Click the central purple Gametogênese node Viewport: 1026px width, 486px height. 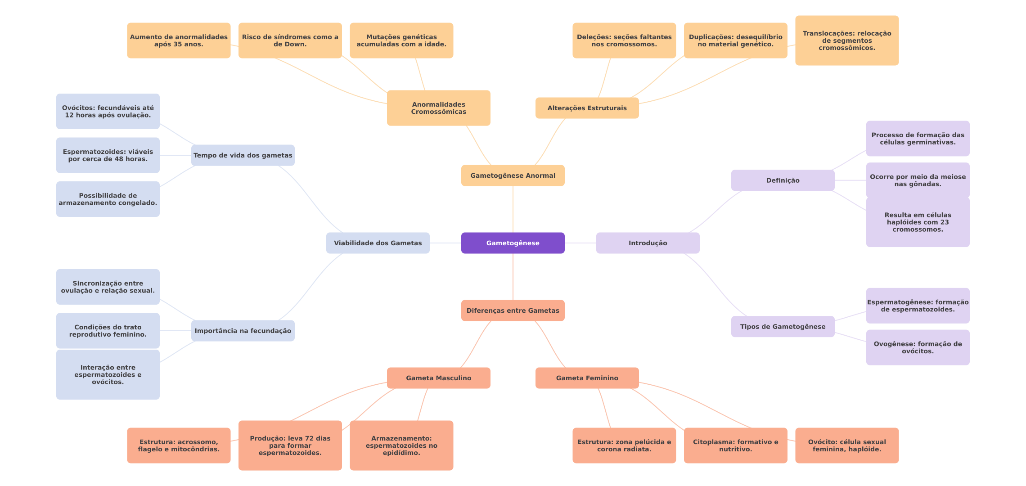click(x=513, y=243)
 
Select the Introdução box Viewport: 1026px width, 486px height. click(x=648, y=243)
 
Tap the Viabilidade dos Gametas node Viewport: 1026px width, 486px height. click(x=378, y=243)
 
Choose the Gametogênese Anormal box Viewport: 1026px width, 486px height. click(x=513, y=175)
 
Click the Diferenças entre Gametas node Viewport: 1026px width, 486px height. click(x=513, y=310)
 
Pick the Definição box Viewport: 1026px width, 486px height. click(x=783, y=180)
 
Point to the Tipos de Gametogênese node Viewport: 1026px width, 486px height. click(x=783, y=327)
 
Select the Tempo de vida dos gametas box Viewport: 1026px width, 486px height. click(x=243, y=155)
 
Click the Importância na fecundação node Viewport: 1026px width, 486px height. click(x=243, y=331)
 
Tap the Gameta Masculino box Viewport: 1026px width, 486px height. click(x=438, y=378)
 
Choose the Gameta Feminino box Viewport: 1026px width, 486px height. click(x=587, y=378)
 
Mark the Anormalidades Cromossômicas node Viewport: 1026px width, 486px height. click(x=438, y=108)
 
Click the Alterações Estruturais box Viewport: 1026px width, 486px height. click(x=587, y=108)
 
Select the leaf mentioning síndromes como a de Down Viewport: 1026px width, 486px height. click(x=290, y=40)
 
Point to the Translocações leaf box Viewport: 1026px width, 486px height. click(x=846, y=40)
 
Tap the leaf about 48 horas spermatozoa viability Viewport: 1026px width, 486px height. click(x=108, y=155)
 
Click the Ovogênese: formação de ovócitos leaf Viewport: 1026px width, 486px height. click(x=918, y=347)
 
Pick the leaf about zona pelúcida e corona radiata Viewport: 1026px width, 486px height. click(x=624, y=445)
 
